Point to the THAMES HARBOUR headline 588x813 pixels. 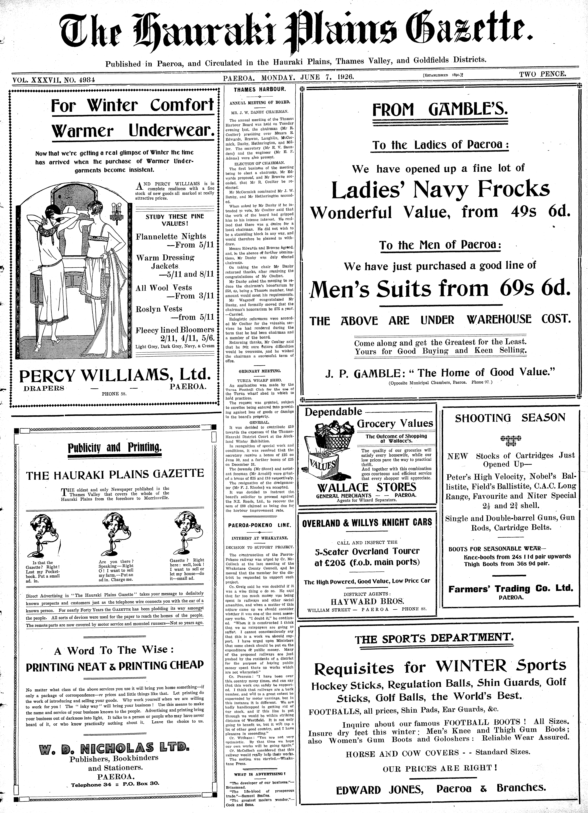point(260,90)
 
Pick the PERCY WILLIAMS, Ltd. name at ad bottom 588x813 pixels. point(114,375)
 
